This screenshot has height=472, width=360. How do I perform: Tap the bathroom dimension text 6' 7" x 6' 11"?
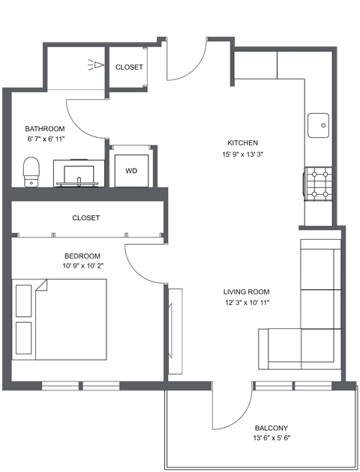pyautogui.click(x=46, y=139)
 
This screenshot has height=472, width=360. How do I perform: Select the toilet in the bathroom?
pyautogui.click(x=31, y=171)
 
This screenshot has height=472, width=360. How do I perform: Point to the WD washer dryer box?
pyautogui.click(x=131, y=170)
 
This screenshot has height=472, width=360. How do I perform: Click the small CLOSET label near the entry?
pyautogui.click(x=129, y=67)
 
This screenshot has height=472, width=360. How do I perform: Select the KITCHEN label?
pyautogui.click(x=243, y=143)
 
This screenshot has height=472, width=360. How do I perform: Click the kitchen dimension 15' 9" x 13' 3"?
pyautogui.click(x=243, y=155)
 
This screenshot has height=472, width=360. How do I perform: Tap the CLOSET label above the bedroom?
pyautogui.click(x=86, y=218)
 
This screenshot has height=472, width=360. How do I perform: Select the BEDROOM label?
pyautogui.click(x=82, y=255)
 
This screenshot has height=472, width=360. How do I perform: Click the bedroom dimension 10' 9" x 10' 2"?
pyautogui.click(x=82, y=266)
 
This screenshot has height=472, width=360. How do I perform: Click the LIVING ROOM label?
pyautogui.click(x=246, y=292)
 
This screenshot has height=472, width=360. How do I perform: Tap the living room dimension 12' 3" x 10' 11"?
pyautogui.click(x=246, y=303)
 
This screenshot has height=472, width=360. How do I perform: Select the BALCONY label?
pyautogui.click(x=271, y=428)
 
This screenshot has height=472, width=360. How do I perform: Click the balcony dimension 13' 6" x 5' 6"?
pyautogui.click(x=271, y=439)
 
